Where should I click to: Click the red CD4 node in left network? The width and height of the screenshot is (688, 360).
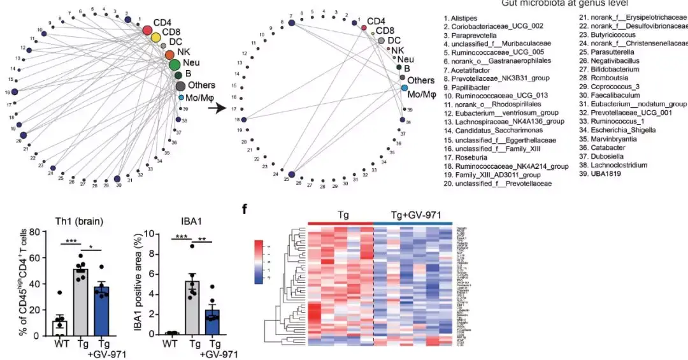click(147, 30)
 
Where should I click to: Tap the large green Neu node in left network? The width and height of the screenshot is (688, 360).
click(175, 64)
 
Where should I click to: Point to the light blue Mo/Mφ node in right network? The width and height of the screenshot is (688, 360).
click(404, 87)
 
